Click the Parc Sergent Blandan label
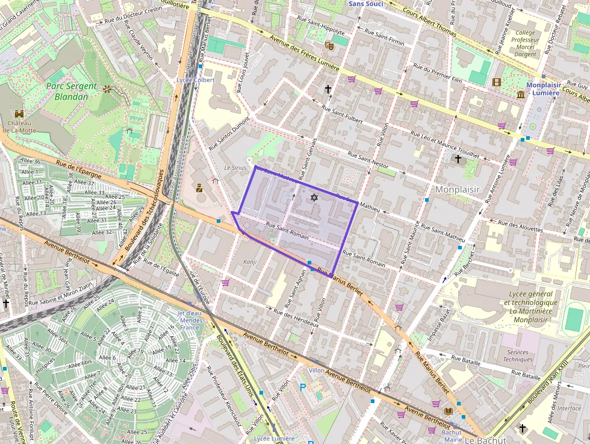pyautogui.click(x=71, y=91)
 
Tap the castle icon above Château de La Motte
pyautogui.click(x=19, y=114)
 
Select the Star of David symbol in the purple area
pyautogui.click(x=313, y=198)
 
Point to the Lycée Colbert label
pyautogui.click(x=195, y=80)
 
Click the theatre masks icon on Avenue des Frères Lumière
pyautogui.click(x=329, y=45)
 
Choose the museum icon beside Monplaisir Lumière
pyautogui.click(x=521, y=95)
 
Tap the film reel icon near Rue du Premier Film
pyautogui.click(x=496, y=82)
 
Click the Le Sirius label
pyautogui.click(x=235, y=167)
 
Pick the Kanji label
pyautogui.click(x=250, y=262)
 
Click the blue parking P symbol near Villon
pyautogui.click(x=302, y=387)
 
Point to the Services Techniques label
pyautogui.click(x=518, y=355)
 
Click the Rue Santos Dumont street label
pyautogui.click(x=229, y=134)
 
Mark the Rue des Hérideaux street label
pyautogui.click(x=296, y=318)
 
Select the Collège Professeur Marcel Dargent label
pyautogui.click(x=524, y=44)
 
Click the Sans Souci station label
pyautogui.click(x=365, y=4)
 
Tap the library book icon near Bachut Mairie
pyautogui.click(x=448, y=411)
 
